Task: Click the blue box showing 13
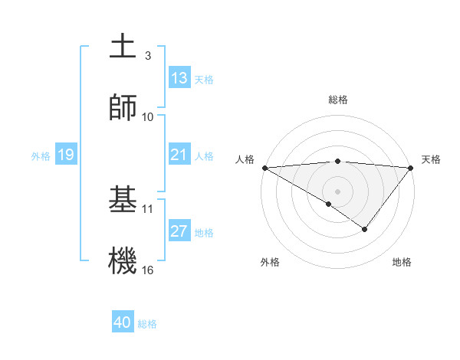(179, 78)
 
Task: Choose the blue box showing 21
(179, 155)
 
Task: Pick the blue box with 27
(179, 231)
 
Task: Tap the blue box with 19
(66, 155)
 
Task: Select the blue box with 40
(123, 322)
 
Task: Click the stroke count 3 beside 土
(148, 56)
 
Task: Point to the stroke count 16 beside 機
(148, 270)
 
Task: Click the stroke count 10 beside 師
(148, 116)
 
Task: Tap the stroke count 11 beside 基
(148, 208)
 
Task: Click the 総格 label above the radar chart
(337, 100)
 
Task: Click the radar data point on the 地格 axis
(365, 229)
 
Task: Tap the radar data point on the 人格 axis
(264, 168)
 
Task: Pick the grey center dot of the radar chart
(337, 191)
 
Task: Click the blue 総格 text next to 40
(148, 324)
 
